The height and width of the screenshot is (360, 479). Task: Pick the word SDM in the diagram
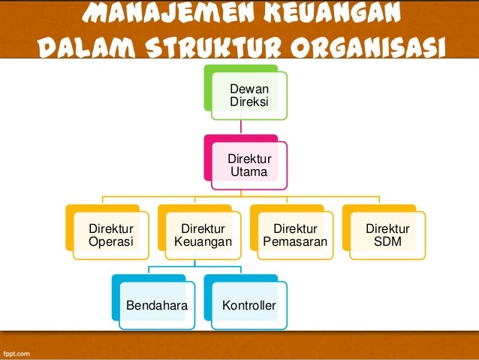click(387, 242)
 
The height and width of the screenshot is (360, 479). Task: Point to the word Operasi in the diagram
click(110, 242)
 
